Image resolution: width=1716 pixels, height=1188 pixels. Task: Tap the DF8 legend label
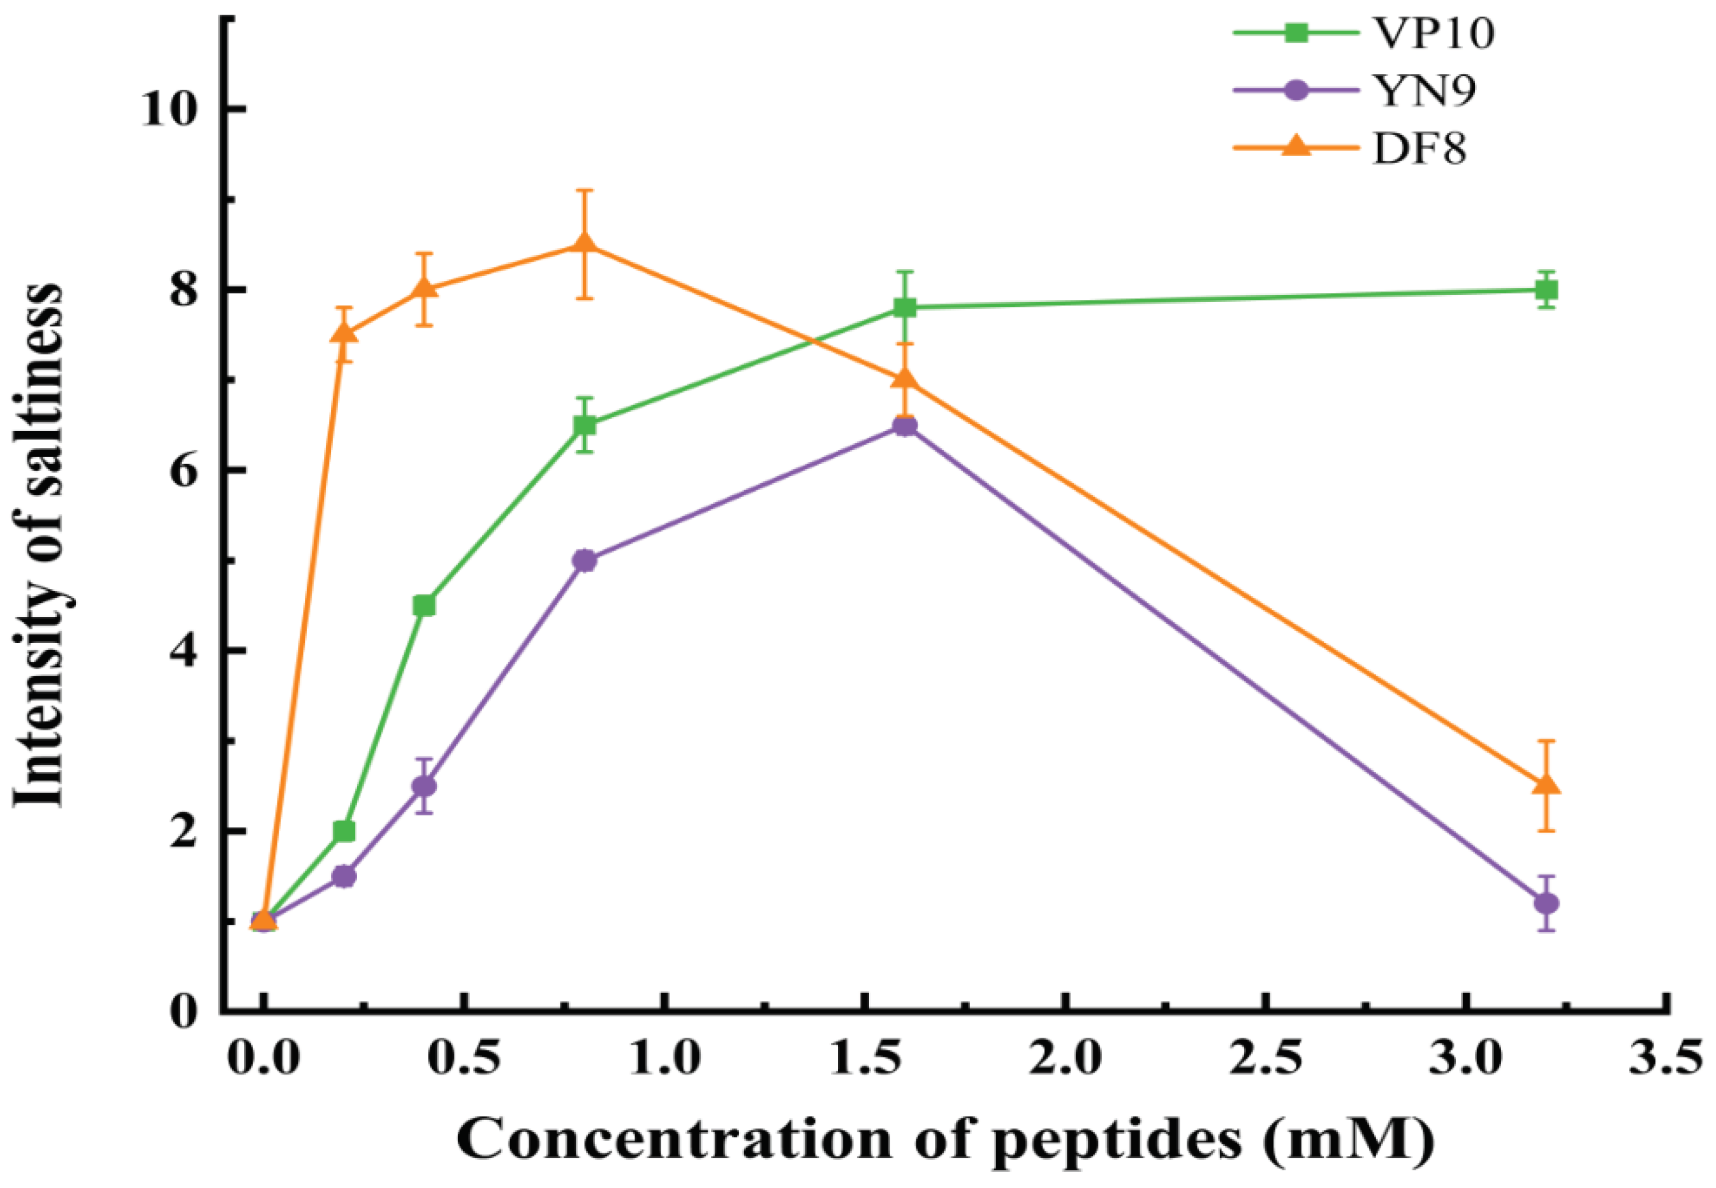[x=1419, y=150]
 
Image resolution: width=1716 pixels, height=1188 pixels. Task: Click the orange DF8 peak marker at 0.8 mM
[x=585, y=243]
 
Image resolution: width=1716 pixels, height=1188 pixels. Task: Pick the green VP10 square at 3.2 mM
[x=1546, y=289]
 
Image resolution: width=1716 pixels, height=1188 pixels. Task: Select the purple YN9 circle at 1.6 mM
[x=904, y=426]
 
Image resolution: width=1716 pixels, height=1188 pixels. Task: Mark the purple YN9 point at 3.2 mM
[x=1546, y=904]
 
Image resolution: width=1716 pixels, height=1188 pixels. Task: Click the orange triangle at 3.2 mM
[x=1546, y=785]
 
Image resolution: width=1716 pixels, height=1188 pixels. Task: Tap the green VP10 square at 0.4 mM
[x=424, y=605]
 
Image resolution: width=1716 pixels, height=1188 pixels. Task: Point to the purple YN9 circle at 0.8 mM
[x=585, y=560]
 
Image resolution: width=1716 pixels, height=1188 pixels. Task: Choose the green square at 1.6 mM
[x=904, y=307]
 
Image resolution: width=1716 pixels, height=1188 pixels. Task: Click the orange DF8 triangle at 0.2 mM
[x=344, y=333]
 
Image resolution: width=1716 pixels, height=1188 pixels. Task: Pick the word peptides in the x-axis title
[x=1117, y=1140]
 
